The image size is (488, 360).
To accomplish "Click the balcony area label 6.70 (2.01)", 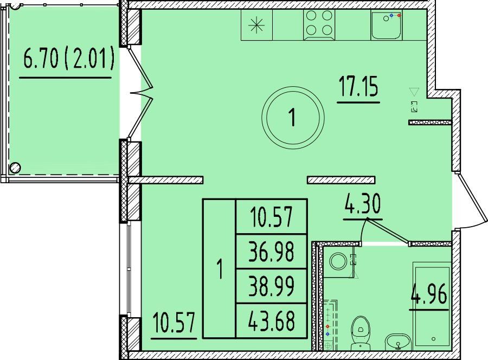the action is (68, 59).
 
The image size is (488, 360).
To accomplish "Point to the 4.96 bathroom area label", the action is (429, 294).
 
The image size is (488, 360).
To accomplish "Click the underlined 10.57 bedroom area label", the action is (174, 323).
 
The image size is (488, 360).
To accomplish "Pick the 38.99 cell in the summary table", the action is (272, 286).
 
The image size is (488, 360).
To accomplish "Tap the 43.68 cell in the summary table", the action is (272, 320).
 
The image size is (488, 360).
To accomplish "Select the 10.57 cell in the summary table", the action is (272, 216).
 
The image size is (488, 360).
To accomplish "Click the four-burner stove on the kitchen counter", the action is (319, 24).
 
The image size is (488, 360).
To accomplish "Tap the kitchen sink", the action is (387, 25).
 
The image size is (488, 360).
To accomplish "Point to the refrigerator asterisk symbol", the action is (257, 24).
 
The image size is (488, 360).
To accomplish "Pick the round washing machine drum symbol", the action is (338, 261).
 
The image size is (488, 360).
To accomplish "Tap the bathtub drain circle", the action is (434, 339).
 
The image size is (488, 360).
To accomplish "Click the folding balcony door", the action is (140, 93).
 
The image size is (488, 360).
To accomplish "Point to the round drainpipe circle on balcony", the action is (15, 168).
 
